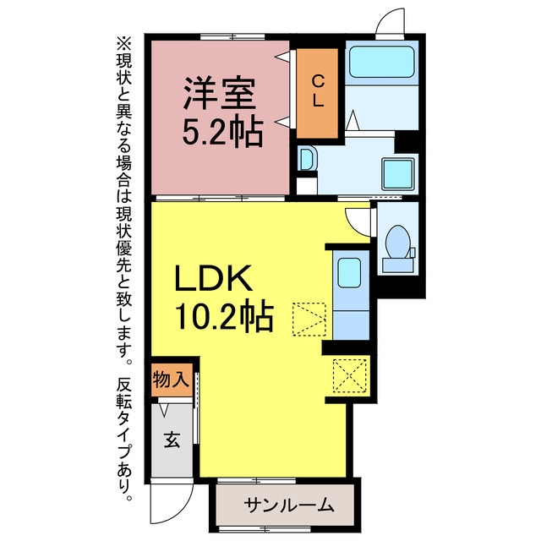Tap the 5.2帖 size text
(x=222, y=133)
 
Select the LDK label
(x=213, y=278)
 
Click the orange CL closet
(x=318, y=93)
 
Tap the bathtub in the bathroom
(x=381, y=62)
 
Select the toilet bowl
(x=398, y=242)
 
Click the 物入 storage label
(x=171, y=380)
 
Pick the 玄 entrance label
(x=172, y=440)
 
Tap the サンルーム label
(x=288, y=505)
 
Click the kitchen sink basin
(x=349, y=272)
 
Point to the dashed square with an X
(x=349, y=375)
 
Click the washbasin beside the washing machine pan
(x=307, y=158)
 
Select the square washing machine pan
(x=398, y=174)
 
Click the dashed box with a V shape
(x=309, y=320)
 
